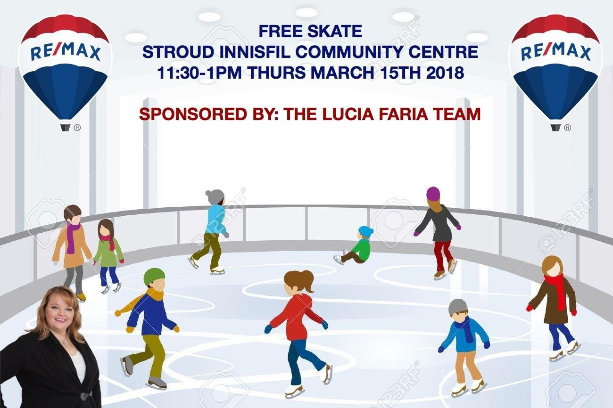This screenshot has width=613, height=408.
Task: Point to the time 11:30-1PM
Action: [x=200, y=73]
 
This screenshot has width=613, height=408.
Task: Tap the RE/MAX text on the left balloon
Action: [x=65, y=51]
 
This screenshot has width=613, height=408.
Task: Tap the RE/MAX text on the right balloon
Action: [x=556, y=51]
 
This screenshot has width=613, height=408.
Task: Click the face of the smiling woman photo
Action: [x=57, y=314]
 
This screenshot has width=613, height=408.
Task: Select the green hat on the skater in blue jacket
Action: [x=154, y=276]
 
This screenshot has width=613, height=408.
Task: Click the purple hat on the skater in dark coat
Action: [x=433, y=194]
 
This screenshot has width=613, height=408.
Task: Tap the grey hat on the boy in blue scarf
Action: [x=458, y=307]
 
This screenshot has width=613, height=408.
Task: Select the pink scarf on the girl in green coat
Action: [x=108, y=241]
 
